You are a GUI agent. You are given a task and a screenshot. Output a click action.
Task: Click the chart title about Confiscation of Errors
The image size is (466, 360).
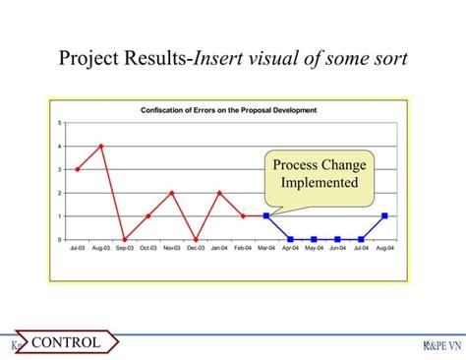pos(229,109)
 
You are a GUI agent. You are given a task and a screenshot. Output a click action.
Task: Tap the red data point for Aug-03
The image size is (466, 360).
pos(101,146)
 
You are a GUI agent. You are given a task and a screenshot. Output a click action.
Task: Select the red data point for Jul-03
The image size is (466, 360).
pos(78,169)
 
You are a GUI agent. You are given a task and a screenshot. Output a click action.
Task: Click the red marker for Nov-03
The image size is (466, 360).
pos(172,193)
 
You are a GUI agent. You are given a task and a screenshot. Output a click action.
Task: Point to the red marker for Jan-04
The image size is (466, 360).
pos(219,193)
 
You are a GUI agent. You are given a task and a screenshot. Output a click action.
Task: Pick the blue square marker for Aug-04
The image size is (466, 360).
pos(384,215)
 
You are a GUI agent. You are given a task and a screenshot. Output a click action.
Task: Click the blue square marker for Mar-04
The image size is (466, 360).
pos(266,215)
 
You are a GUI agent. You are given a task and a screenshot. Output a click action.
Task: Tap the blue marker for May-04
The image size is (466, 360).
pos(314,239)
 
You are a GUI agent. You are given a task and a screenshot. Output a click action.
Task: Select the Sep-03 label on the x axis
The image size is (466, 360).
pos(125,249)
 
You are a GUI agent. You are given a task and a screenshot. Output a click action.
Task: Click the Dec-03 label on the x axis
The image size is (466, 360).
pos(196,249)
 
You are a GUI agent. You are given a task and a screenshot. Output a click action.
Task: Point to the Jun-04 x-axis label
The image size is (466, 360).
pos(337,249)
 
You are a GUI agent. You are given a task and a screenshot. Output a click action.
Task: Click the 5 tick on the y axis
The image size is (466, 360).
pos(61,122)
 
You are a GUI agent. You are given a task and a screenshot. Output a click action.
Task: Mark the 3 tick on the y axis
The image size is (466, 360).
pos(61,169)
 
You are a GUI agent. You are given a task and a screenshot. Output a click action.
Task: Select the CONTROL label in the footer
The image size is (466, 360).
pos(67,342)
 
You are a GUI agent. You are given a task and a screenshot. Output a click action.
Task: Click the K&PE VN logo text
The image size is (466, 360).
pos(439,345)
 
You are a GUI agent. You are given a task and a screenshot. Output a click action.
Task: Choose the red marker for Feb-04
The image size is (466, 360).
pos(243,215)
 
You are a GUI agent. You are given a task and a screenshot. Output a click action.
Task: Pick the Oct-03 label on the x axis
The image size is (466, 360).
pos(148,249)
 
